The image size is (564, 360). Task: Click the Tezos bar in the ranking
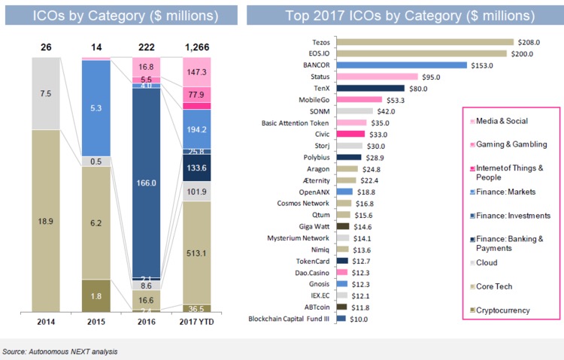click(x=428, y=42)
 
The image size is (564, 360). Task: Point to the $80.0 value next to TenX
click(x=418, y=88)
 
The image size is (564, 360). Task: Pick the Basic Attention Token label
click(x=302, y=123)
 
